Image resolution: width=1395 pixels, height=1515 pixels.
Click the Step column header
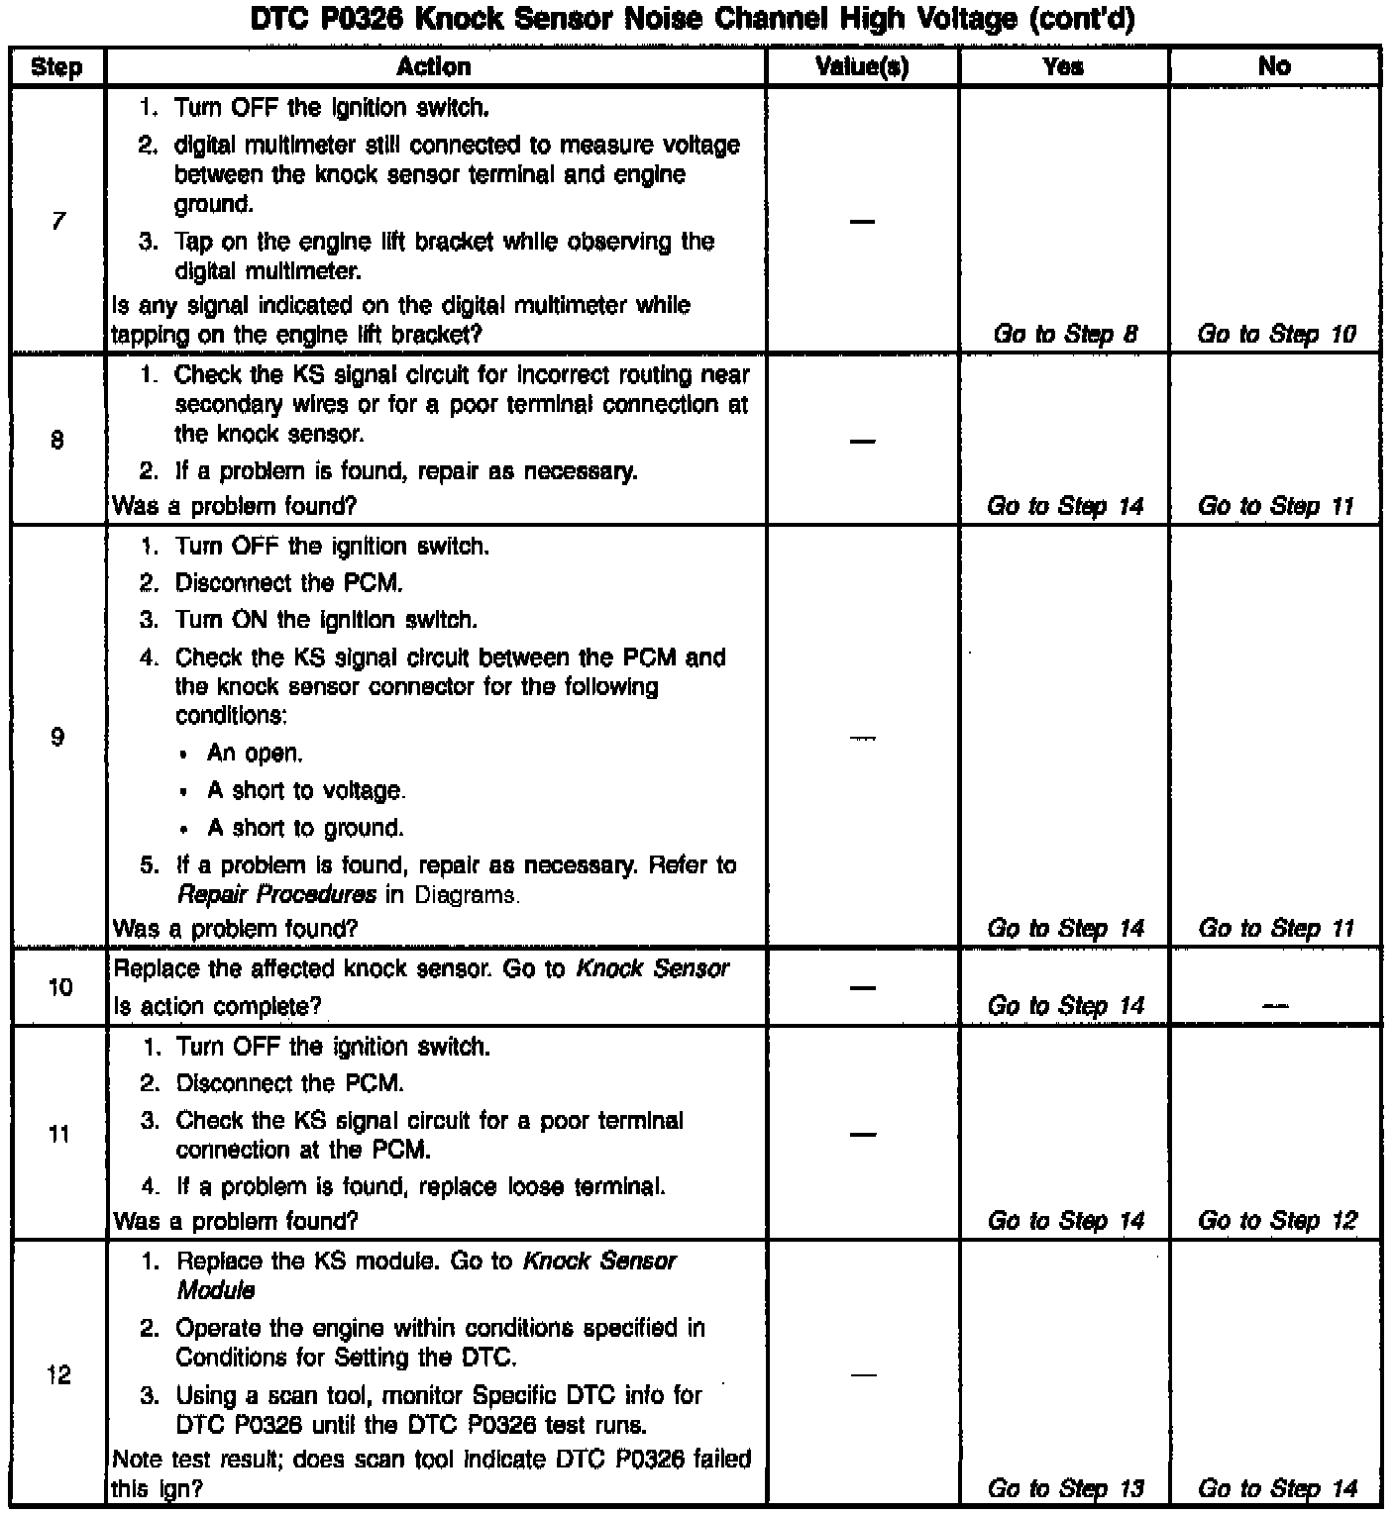(x=56, y=67)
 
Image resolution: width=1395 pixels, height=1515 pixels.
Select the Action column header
(x=434, y=67)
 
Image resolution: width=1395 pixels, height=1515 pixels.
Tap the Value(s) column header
(x=862, y=67)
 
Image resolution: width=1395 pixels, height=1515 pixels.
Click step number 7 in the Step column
(x=57, y=221)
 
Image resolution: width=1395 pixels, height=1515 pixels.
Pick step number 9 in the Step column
(x=57, y=737)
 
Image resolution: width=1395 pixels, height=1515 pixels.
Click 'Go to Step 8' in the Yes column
(x=1065, y=335)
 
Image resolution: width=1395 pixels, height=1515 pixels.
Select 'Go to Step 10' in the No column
(x=1276, y=335)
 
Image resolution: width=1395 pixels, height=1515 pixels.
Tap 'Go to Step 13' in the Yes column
(x=1065, y=1488)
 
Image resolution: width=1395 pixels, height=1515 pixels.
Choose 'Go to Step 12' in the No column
(x=1276, y=1221)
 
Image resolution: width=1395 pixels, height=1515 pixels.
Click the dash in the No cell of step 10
(x=1276, y=1007)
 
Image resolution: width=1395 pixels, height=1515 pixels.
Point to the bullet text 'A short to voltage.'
(x=306, y=791)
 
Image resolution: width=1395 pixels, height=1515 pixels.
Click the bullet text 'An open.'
(x=255, y=754)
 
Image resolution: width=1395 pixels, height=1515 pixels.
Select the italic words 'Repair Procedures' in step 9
(x=276, y=895)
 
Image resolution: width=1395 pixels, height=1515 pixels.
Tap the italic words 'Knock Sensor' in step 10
(x=652, y=968)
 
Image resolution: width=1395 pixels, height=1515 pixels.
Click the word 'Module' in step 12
(x=216, y=1291)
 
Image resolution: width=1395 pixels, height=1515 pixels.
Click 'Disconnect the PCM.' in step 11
(x=289, y=1084)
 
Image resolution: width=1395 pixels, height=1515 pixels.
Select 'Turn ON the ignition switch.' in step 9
(x=326, y=621)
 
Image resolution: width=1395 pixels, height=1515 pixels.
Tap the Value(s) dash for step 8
(x=862, y=441)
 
